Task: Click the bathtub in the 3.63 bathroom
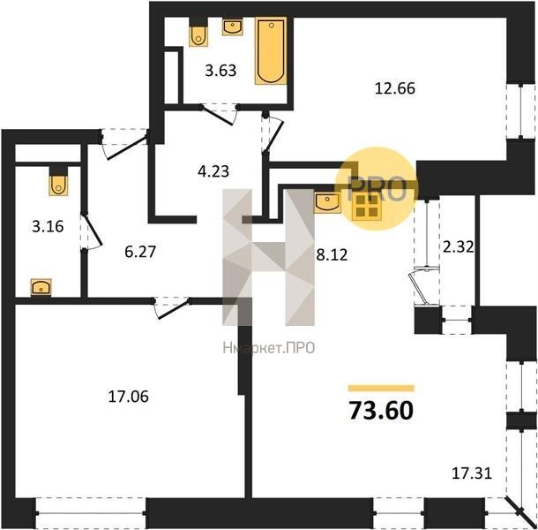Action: tap(271, 51)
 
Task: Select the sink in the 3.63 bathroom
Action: tap(233, 26)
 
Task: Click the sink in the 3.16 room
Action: tap(41, 287)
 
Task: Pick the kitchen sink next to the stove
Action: tap(328, 203)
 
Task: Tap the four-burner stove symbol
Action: tap(367, 206)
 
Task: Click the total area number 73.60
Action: tap(381, 411)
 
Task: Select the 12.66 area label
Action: tap(395, 88)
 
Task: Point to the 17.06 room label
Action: tap(128, 397)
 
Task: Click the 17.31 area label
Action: tap(472, 473)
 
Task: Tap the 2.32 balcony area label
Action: tap(459, 246)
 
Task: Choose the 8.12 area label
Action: tap(332, 255)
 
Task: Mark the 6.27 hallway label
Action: tap(140, 252)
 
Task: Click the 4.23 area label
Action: tap(213, 171)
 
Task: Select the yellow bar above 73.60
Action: tap(381, 389)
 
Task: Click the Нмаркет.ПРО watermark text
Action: tap(269, 348)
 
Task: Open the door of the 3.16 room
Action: tap(91, 231)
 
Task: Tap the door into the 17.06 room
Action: tap(171, 307)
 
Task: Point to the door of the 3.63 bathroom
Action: tap(219, 114)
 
